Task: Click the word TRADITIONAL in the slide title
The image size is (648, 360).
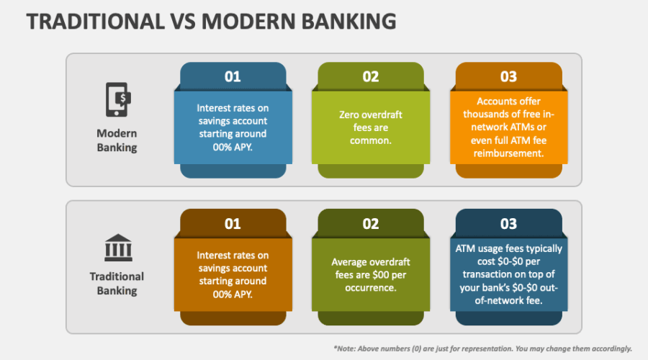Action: (x=96, y=22)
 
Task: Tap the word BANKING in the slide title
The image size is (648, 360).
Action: (x=348, y=22)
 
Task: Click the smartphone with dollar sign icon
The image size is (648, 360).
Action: (x=118, y=99)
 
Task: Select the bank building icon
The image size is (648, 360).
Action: (x=118, y=248)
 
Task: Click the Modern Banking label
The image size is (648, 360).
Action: (x=117, y=140)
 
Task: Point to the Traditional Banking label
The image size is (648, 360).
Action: (x=117, y=284)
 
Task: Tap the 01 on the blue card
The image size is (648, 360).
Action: (x=233, y=77)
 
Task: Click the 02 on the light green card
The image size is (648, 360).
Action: (x=371, y=77)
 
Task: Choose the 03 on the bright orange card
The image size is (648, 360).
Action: (x=509, y=77)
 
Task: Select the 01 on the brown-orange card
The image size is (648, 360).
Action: (x=233, y=224)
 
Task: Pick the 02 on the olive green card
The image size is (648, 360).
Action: (x=371, y=224)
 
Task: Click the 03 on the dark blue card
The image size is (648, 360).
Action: (x=509, y=224)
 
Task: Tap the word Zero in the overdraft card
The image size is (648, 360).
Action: (x=348, y=114)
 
